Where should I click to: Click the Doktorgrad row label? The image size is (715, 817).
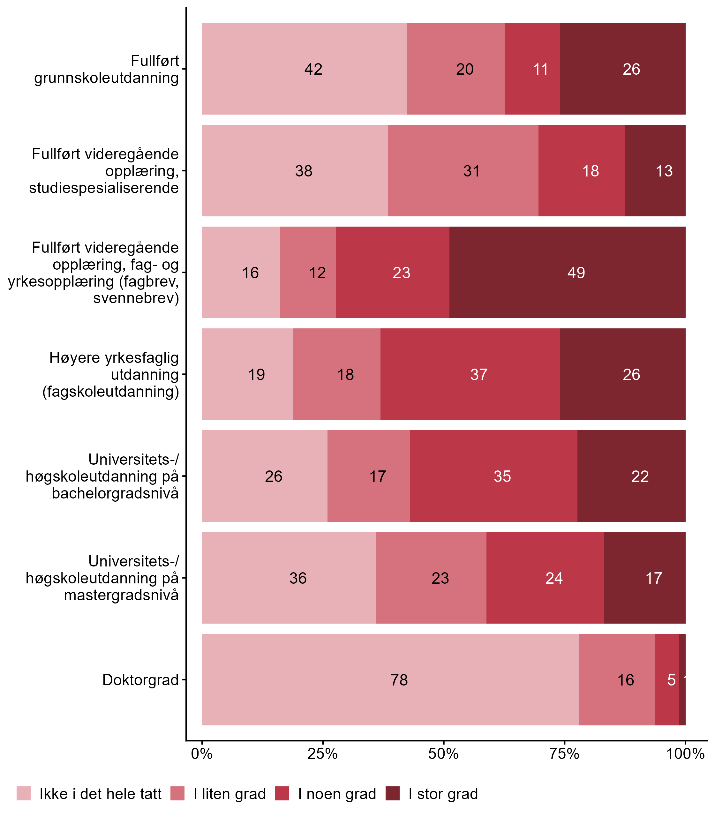click(x=140, y=680)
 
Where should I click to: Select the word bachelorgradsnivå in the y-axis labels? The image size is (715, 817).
click(x=115, y=493)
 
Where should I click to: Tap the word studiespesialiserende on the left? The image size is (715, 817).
click(x=104, y=188)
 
